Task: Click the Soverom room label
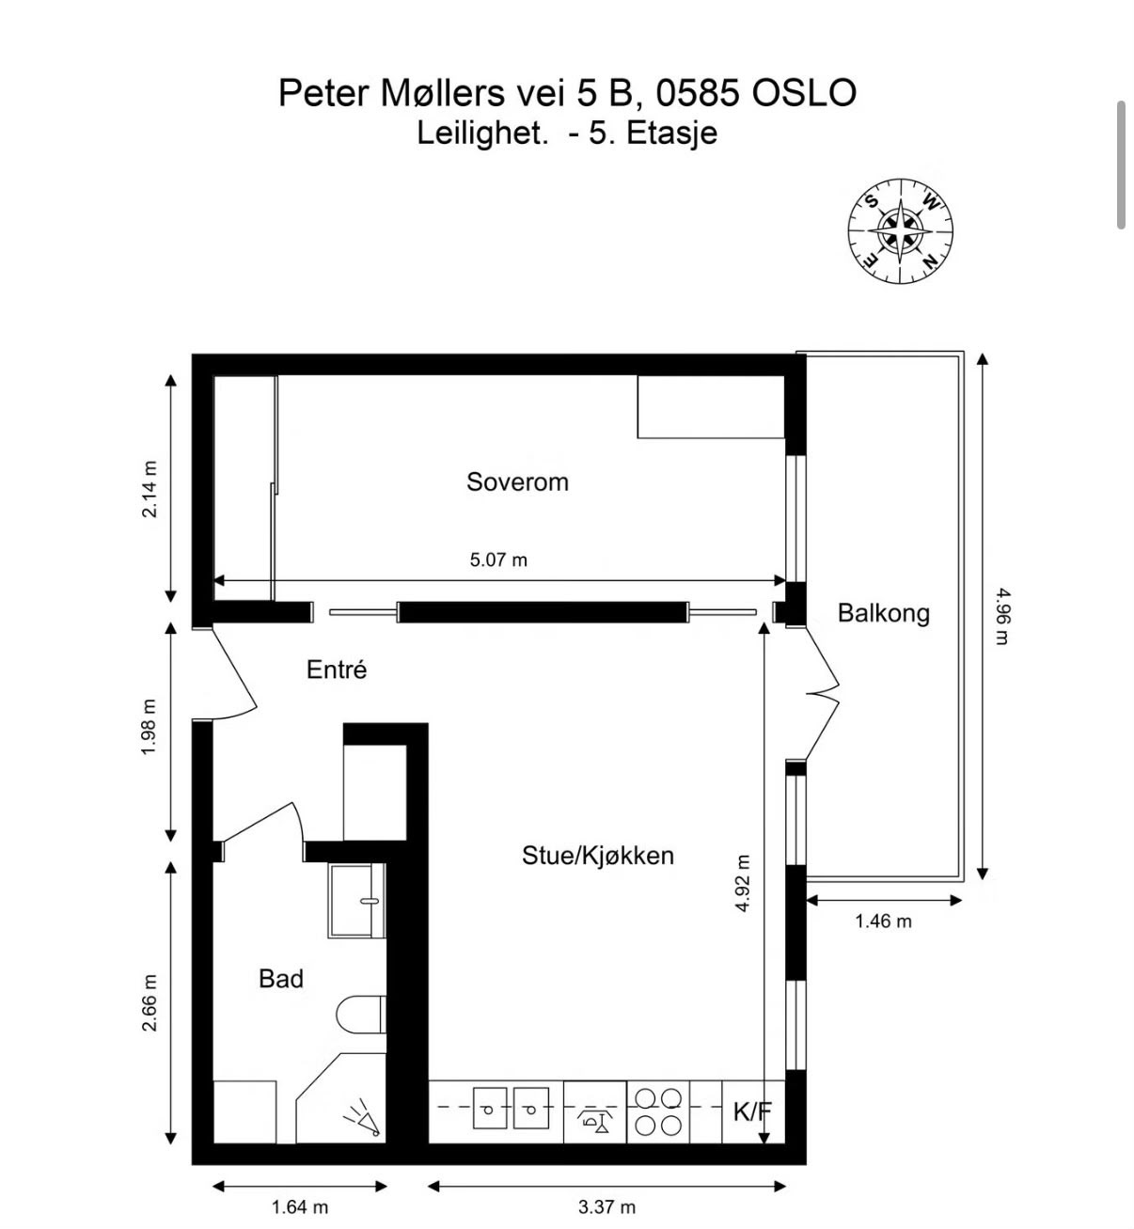517,482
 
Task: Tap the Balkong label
883,613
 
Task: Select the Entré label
337,669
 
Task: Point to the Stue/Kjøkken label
597,856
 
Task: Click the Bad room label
281,979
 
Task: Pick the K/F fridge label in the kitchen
752,1112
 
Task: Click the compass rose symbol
900,230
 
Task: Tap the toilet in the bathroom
361,1015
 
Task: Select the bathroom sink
356,901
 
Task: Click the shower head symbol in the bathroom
363,1118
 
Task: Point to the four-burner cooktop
657,1112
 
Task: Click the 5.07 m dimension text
498,560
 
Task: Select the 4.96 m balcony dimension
1002,616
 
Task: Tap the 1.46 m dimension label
883,922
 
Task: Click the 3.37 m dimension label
606,1206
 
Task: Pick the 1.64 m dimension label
300,1206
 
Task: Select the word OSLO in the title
804,93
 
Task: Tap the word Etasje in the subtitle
671,133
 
